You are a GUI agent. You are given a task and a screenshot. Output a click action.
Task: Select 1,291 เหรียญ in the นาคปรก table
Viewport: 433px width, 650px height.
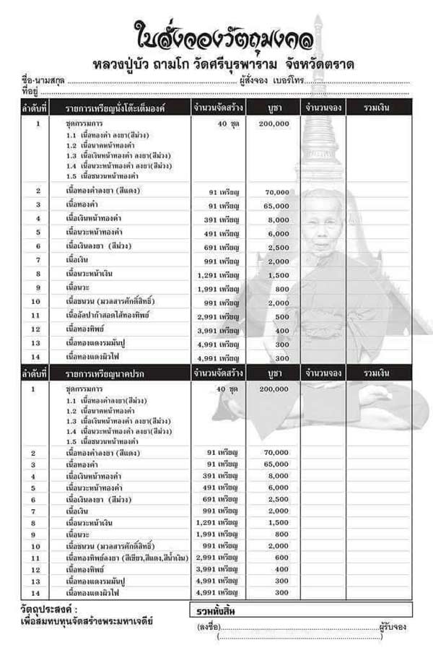[x=217, y=521]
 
